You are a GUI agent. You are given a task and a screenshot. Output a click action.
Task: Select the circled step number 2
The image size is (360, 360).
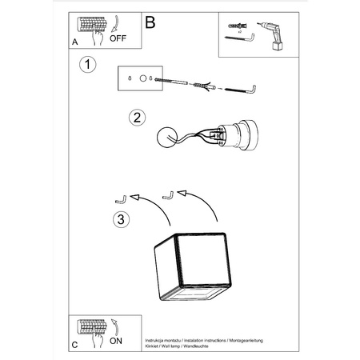[137, 117]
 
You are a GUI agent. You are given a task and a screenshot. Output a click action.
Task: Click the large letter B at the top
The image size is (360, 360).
[150, 23]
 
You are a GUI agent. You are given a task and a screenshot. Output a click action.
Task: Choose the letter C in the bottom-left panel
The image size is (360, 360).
[74, 346]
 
